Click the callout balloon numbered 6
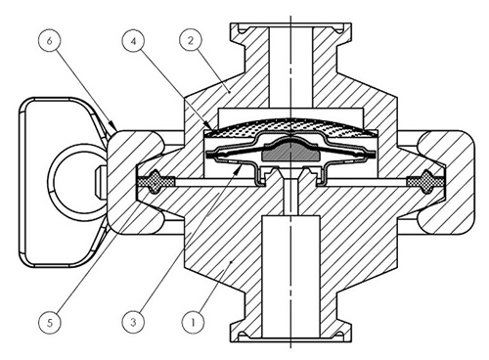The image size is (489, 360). click(50, 41)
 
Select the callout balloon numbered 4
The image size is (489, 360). click(134, 41)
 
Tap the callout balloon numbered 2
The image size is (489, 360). click(191, 40)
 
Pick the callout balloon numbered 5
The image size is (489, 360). click(50, 323)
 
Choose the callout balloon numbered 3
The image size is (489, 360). click(134, 322)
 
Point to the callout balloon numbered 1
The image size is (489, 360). click(194, 322)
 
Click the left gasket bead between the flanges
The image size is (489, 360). click(156, 181)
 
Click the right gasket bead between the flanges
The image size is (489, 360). click(425, 181)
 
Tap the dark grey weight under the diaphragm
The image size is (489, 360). click(290, 151)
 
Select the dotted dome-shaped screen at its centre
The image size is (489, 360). click(290, 126)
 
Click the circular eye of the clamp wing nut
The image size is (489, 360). click(77, 179)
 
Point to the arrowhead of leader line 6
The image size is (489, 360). click(112, 125)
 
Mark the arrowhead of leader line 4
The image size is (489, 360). click(208, 125)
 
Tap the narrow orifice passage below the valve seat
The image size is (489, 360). click(290, 197)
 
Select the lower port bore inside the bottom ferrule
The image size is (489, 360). click(290, 276)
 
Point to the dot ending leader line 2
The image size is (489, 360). click(230, 92)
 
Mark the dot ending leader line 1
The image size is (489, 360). click(231, 261)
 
